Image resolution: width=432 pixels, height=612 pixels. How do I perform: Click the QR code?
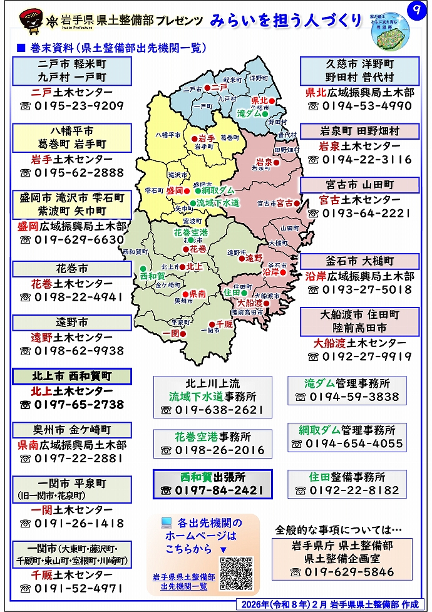point(236,573)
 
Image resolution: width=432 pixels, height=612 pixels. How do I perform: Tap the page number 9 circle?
point(413,10)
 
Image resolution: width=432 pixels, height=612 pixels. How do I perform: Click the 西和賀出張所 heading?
point(212,477)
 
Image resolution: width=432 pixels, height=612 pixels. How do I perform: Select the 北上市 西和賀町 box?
point(71,376)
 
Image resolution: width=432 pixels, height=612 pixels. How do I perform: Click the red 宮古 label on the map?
point(285,203)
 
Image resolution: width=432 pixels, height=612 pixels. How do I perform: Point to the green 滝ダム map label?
point(250,114)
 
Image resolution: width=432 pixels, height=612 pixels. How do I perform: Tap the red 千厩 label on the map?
point(224,324)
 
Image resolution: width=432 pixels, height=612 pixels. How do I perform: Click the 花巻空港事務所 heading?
point(212,437)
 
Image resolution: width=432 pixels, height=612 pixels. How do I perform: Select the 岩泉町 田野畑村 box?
point(359,132)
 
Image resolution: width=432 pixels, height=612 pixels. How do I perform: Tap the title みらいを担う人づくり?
point(285,20)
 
